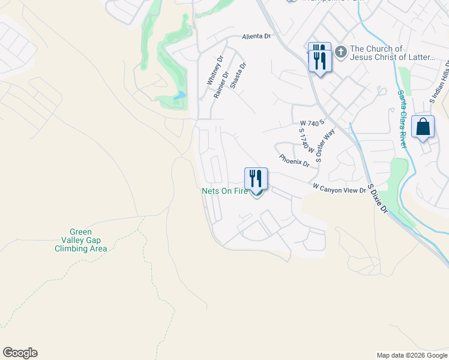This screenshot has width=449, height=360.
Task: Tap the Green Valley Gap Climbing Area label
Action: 88,240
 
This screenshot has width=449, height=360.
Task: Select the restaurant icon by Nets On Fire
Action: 256,179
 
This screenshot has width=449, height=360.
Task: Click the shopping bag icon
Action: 423,127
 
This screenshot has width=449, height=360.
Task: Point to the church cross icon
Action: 340,52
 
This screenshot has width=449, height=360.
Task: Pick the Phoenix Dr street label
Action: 294,161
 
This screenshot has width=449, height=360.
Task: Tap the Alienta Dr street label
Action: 256,37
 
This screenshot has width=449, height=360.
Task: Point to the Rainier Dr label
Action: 221,85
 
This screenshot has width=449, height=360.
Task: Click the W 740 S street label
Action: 312,122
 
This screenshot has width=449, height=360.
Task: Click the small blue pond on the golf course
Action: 179,95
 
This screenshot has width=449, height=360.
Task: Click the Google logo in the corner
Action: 20,353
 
